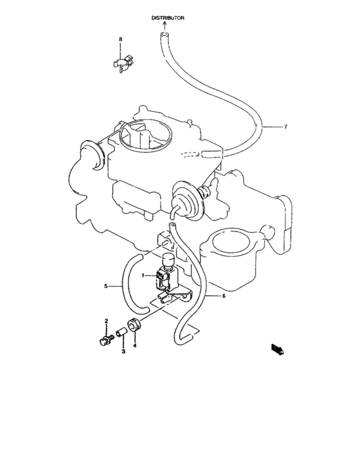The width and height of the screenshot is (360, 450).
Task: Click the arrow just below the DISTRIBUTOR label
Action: (x=165, y=26)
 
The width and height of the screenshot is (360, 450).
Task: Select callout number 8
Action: (x=120, y=40)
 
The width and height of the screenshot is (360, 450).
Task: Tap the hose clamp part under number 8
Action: (x=120, y=64)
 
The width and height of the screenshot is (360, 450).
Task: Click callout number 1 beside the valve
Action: (x=145, y=274)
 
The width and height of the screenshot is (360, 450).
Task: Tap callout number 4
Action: (x=135, y=345)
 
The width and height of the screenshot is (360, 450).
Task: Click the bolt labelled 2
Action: (x=105, y=339)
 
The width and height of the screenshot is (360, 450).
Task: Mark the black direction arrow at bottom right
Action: (x=277, y=350)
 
